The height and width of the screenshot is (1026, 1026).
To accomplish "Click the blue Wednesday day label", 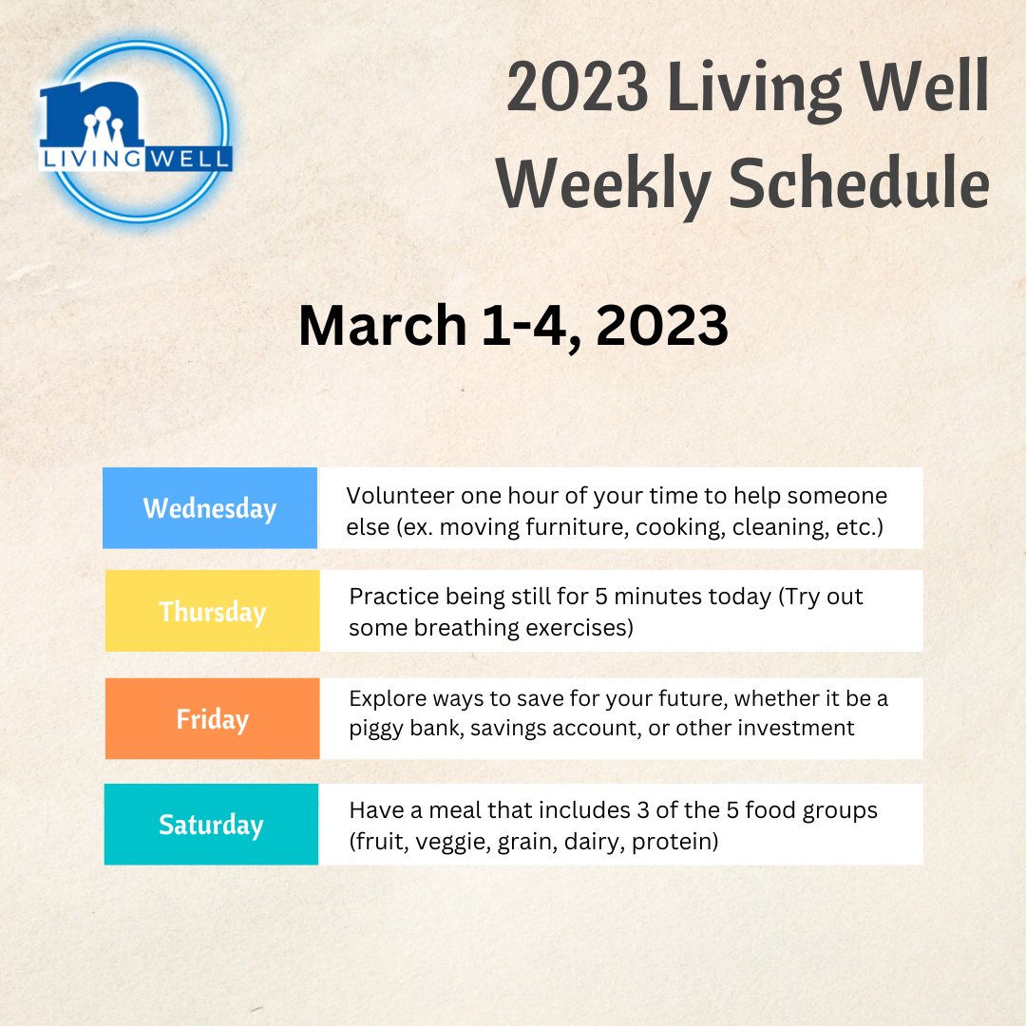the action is (210, 507).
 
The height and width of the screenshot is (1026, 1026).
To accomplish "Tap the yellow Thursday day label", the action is (213, 611).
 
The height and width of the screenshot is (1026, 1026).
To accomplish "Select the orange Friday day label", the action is (213, 718).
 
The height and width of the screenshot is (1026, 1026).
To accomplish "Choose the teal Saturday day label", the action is (211, 825).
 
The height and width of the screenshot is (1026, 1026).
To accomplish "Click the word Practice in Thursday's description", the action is (394, 597).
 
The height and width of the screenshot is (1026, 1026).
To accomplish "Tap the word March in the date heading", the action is (382, 325).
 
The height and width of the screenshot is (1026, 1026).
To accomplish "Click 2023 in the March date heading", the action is (661, 325).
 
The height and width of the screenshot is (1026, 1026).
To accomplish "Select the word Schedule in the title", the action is (859, 184).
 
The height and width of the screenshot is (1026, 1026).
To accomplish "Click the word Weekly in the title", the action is (602, 185).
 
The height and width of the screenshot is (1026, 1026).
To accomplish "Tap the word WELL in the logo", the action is (188, 159).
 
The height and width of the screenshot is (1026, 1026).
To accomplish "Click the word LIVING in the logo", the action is (91, 159).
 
